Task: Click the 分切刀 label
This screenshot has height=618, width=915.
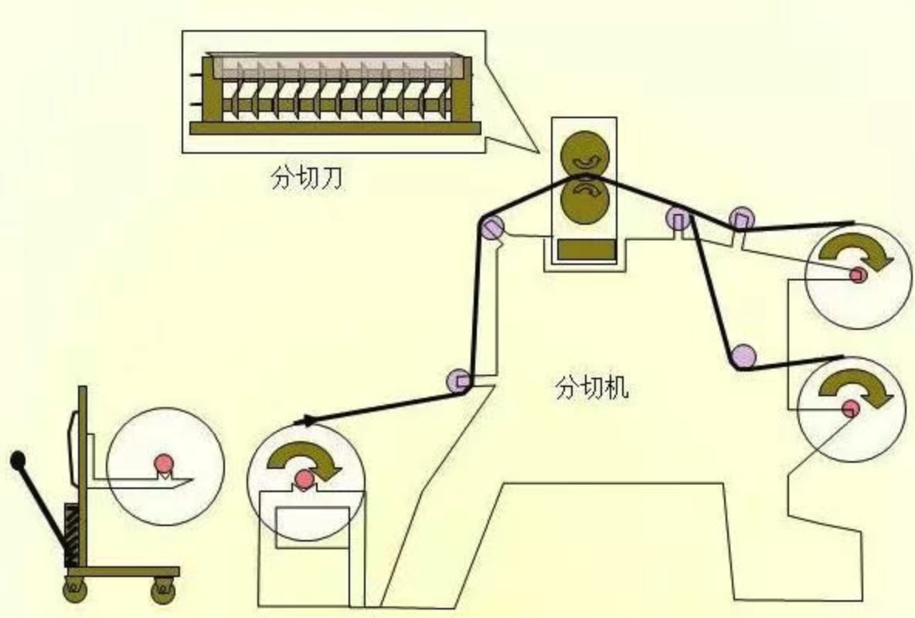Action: click(x=306, y=178)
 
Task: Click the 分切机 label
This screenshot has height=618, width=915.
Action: click(x=591, y=387)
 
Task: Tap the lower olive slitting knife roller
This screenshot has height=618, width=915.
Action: click(x=584, y=199)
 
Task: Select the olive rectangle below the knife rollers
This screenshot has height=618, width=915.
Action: click(x=585, y=250)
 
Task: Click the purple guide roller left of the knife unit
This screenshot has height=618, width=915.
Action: click(x=492, y=227)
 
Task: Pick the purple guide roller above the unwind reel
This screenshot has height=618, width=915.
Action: click(x=459, y=381)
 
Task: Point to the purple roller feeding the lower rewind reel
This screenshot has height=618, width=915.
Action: click(x=743, y=356)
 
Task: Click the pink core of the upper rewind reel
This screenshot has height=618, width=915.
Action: click(x=856, y=274)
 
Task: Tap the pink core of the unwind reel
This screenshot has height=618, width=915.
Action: click(x=303, y=480)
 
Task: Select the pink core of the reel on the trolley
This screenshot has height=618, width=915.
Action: click(x=163, y=462)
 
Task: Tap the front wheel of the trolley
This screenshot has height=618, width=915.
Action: click(x=163, y=591)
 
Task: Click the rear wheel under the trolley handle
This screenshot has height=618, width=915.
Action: click(x=75, y=591)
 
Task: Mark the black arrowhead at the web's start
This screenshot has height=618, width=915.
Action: click(x=306, y=422)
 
